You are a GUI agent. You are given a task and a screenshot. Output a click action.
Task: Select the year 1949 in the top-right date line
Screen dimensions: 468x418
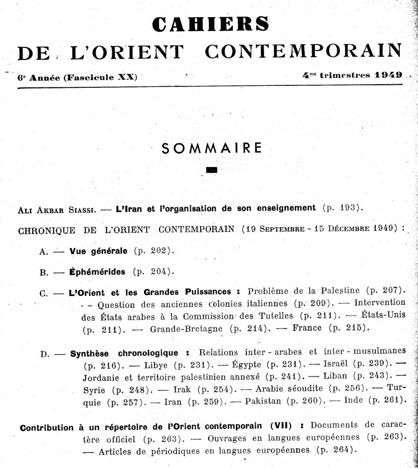(387, 75)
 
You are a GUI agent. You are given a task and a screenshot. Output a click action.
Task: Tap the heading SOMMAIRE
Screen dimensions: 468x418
(211, 148)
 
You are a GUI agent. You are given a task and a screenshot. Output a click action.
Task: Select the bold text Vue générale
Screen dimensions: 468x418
(98, 250)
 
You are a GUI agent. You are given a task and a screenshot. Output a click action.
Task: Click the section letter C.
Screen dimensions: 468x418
(43, 293)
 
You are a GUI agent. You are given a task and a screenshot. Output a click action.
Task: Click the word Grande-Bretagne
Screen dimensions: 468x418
(186, 329)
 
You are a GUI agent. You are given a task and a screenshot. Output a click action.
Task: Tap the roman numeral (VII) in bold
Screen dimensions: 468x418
(282, 427)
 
